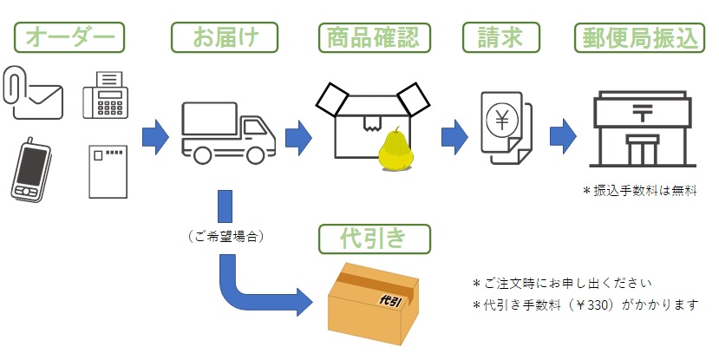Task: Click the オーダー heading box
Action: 70,37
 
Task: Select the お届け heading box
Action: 225,37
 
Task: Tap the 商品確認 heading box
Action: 374,37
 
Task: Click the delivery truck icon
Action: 228,131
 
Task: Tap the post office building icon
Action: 643,130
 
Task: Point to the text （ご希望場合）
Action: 226,235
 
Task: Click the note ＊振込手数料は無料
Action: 641,190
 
